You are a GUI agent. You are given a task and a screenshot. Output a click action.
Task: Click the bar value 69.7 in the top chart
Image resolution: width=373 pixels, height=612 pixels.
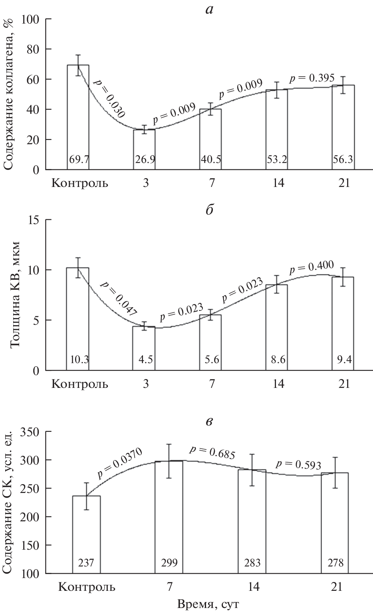78,160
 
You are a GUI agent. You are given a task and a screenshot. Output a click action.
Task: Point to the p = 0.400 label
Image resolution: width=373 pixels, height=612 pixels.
311,266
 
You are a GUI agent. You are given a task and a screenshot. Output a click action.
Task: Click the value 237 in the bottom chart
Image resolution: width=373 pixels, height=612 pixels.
86,563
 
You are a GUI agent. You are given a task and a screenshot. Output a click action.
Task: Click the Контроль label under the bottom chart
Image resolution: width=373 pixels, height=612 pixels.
87,587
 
